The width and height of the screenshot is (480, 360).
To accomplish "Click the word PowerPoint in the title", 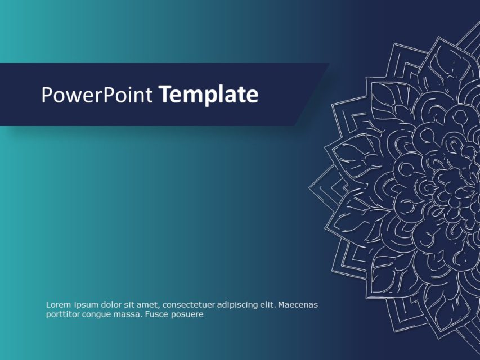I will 97,95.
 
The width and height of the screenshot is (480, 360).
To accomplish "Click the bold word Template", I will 208,95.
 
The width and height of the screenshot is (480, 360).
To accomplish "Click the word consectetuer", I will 188,305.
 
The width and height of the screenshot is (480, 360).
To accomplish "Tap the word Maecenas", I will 298,305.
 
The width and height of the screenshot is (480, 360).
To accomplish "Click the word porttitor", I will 63,314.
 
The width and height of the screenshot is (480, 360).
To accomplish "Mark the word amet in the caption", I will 147,305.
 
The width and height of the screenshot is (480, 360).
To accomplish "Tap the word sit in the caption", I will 131,305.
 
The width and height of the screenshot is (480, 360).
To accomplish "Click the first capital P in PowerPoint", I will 46,95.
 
